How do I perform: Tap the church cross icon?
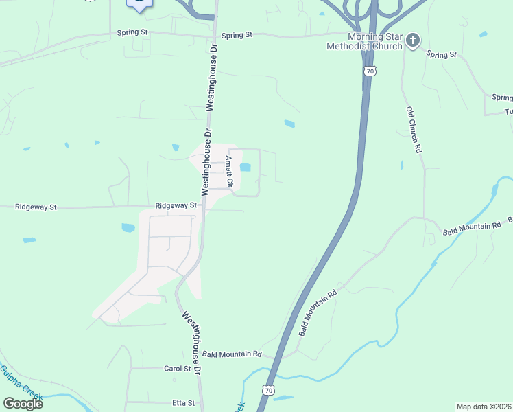[x=412, y=40]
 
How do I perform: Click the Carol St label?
[x=177, y=369]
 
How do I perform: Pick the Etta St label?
[x=183, y=403]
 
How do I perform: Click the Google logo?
[x=23, y=403]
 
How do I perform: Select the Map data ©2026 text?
[x=483, y=407]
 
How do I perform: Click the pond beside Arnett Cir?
[x=245, y=167]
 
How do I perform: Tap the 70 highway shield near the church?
[x=370, y=71]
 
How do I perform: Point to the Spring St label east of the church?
[x=441, y=54]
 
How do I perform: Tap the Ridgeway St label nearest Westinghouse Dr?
[x=176, y=205]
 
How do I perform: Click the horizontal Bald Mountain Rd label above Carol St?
[x=232, y=354]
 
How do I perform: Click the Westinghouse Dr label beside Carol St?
[x=191, y=342]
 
